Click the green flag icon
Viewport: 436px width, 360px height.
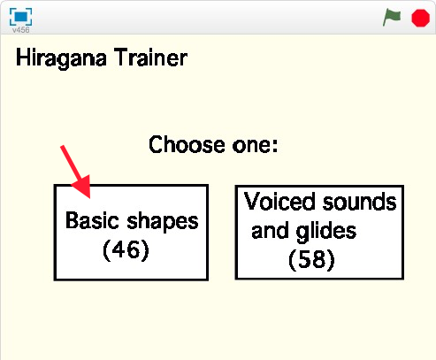click(392, 17)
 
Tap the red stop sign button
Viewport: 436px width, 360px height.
click(420, 17)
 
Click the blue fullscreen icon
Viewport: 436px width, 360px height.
click(20, 15)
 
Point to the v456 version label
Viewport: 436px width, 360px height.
click(20, 29)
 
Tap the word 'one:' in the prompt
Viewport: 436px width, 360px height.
click(255, 144)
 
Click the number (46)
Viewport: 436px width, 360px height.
click(126, 249)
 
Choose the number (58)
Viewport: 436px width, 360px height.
click(311, 261)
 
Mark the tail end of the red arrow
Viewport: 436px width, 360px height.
click(63, 147)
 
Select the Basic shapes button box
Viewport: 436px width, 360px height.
click(131, 232)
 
